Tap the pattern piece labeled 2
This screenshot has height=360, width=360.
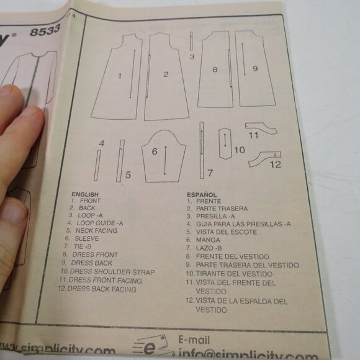coord(166,78)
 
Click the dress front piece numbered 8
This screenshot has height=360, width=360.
coord(215,70)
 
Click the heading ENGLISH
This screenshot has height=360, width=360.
coord(85,194)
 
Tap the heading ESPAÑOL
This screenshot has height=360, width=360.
coord(202,194)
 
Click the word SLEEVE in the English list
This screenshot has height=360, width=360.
coord(87,238)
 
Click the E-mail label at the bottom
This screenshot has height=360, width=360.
coord(194,341)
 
